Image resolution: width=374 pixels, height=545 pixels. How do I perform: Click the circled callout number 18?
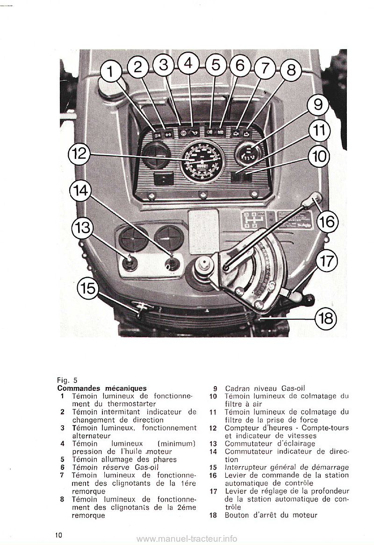(326, 318)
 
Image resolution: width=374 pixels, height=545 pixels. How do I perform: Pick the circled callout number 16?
(327, 221)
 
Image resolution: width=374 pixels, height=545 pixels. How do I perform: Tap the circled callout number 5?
(216, 66)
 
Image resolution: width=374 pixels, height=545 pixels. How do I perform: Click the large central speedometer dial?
(202, 162)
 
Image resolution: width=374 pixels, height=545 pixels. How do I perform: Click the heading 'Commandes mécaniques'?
(102, 388)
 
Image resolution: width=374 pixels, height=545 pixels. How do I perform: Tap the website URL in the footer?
(188, 538)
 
